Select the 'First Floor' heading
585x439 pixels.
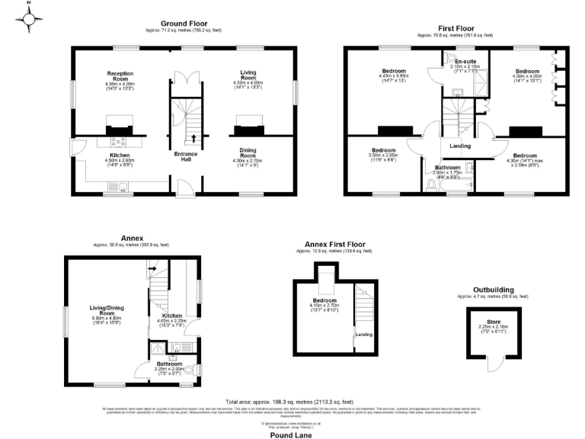[x=455, y=29]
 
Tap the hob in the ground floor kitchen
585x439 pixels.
[x=120, y=141]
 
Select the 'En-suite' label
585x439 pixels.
[x=466, y=61]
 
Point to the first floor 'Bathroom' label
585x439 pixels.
[x=447, y=167]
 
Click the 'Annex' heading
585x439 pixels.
[x=131, y=238]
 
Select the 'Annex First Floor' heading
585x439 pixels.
[x=335, y=244]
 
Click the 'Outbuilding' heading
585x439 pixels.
[x=491, y=290]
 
